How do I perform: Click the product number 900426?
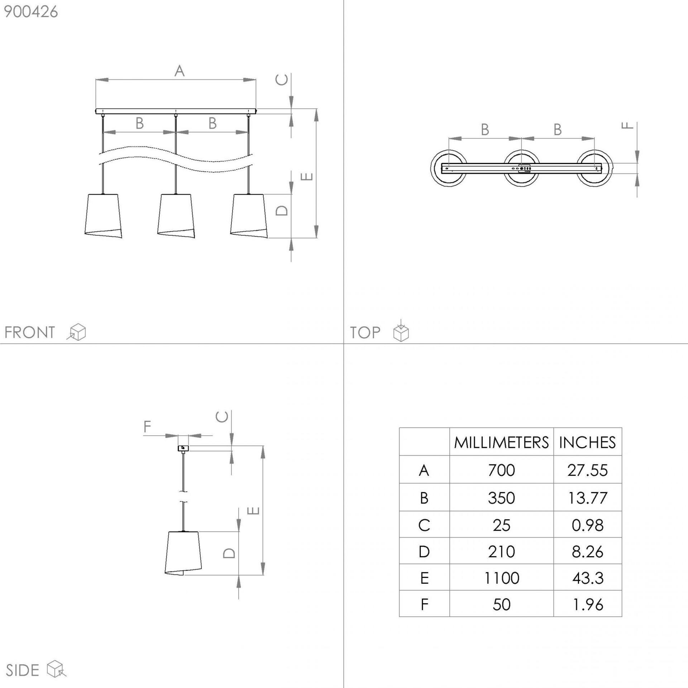pyautogui.click(x=31, y=12)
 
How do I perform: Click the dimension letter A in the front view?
pyautogui.click(x=180, y=71)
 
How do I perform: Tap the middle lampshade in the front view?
pyautogui.click(x=176, y=216)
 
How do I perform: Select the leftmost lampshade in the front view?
pyautogui.click(x=103, y=216)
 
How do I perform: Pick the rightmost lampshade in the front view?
pyautogui.click(x=249, y=216)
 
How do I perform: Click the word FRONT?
pyautogui.click(x=30, y=333)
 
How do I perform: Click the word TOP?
pyautogui.click(x=365, y=333)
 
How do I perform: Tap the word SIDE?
pyautogui.click(x=22, y=671)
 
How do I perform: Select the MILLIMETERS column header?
pyautogui.click(x=501, y=443)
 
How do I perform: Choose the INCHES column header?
pyautogui.click(x=587, y=443)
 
